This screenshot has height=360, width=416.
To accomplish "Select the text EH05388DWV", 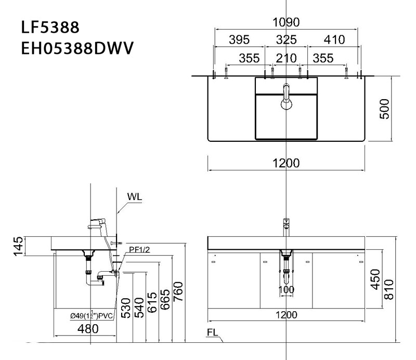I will (77, 48).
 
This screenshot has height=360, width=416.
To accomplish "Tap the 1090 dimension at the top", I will (286, 22).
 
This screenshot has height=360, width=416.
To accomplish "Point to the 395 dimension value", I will (240, 40).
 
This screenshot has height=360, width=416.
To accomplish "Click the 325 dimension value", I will (286, 40).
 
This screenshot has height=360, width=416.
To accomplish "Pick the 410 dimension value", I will (333, 40).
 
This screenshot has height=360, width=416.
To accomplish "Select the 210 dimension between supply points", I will (286, 58).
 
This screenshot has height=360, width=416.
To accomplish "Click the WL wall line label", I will (134, 197).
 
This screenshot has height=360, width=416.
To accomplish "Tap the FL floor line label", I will (212, 332).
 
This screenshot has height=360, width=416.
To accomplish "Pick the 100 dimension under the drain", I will (286, 289).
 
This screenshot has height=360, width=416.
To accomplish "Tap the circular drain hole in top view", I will (287, 105).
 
